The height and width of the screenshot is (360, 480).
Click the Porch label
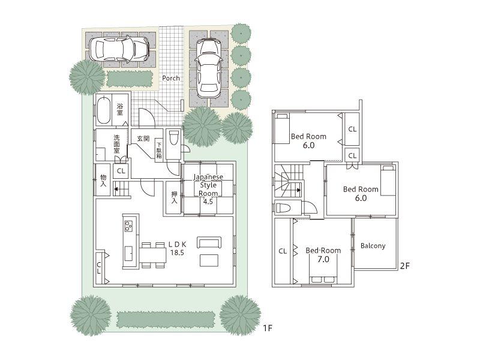(x=170, y=78)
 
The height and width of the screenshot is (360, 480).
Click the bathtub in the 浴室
(x=103, y=110)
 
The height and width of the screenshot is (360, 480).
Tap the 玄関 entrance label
(x=143, y=139)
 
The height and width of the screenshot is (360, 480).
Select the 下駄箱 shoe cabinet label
(x=159, y=148)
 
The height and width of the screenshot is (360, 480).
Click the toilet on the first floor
(x=174, y=138)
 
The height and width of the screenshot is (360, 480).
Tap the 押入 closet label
(x=174, y=197)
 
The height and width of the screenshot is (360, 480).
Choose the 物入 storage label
(x=103, y=180)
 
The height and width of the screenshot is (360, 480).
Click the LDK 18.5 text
(x=177, y=248)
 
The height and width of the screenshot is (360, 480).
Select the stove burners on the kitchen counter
(x=129, y=226)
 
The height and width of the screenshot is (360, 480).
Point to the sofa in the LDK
(x=209, y=242)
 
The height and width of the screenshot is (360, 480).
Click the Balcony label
(x=373, y=246)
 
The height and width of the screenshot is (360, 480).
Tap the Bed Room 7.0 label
(x=323, y=255)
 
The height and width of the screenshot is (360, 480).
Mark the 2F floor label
(x=406, y=264)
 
